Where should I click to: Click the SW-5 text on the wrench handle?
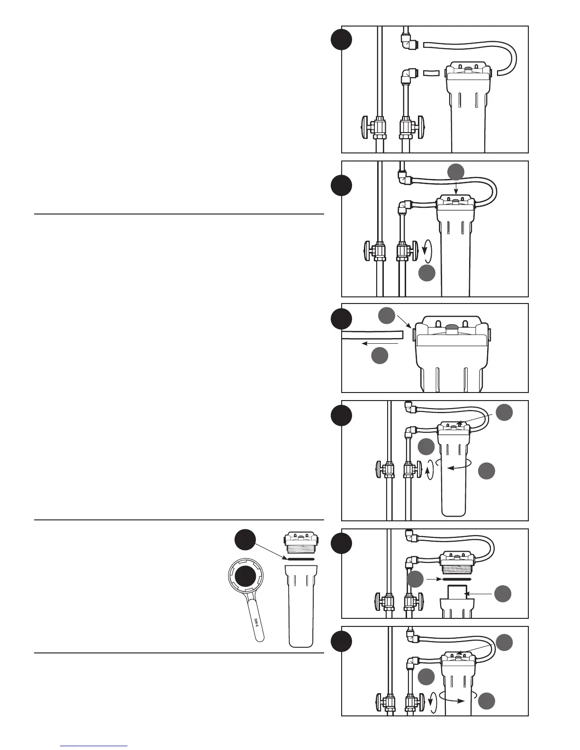(256, 622)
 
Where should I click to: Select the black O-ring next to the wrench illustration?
(300, 559)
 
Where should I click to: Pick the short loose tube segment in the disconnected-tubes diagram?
(431, 73)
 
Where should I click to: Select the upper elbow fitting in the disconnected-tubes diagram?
(406, 43)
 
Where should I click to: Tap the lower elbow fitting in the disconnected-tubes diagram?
(407, 75)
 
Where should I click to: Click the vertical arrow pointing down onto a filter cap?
(456, 187)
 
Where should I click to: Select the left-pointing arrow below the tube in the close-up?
(379, 343)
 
